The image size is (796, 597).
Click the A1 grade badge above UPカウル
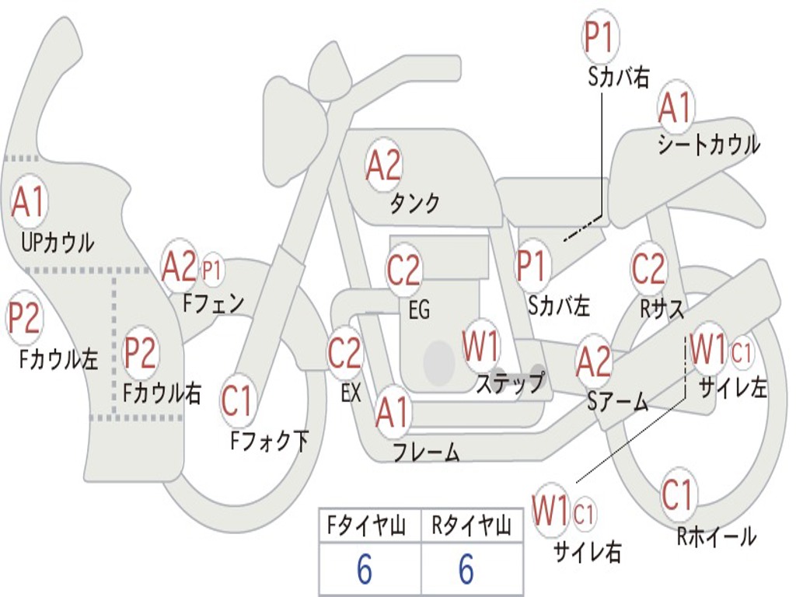[x=30, y=202]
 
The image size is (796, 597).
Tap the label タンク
[x=414, y=204]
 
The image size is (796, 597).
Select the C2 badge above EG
[x=403, y=270]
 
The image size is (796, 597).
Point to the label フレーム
[x=427, y=452]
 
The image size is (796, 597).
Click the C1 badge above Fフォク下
[x=236, y=401]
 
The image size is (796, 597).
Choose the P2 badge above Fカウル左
[x=24, y=318]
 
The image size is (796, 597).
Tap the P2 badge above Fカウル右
[x=140, y=352]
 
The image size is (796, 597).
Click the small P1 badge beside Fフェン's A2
[x=212, y=271]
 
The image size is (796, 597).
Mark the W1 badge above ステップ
[x=480, y=346]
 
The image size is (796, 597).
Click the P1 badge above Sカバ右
[x=601, y=37]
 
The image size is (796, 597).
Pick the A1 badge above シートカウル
[x=676, y=107]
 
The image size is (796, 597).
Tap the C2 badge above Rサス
[x=648, y=268]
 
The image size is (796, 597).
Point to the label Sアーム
[x=617, y=402]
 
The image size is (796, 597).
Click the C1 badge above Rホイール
[x=678, y=494]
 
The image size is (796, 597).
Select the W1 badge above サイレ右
[x=551, y=510]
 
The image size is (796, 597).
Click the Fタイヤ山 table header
[x=366, y=526]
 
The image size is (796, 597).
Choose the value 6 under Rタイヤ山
[x=466, y=568]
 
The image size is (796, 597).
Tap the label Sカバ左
[x=558, y=305]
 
